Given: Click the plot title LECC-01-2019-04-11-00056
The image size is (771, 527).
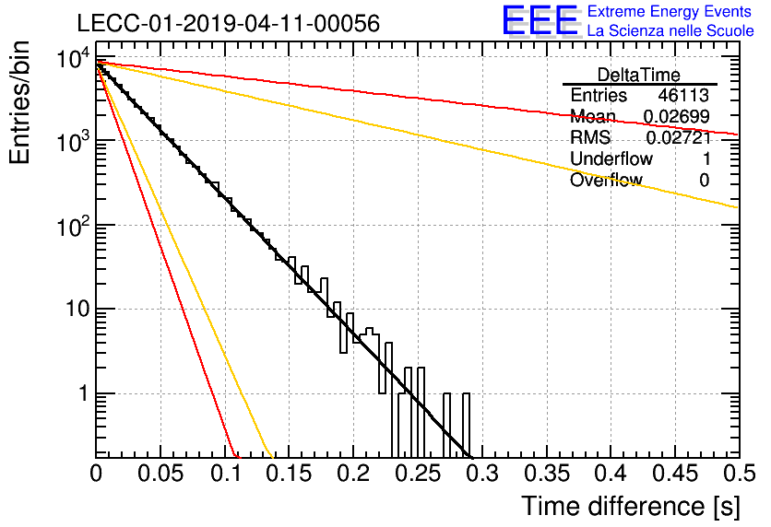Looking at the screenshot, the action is (x=229, y=23).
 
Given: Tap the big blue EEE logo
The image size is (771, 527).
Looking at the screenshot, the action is (x=540, y=20).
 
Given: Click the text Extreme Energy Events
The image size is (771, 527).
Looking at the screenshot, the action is (x=670, y=11).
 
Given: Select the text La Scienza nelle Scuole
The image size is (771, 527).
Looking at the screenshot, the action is (x=670, y=30).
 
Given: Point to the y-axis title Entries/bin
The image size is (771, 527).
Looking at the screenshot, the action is (x=19, y=103).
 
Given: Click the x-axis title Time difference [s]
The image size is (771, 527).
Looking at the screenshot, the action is (x=631, y=507).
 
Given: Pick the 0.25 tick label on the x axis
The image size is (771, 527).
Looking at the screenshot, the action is (x=418, y=474).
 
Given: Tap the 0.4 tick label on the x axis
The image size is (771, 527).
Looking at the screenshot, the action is (x=611, y=474).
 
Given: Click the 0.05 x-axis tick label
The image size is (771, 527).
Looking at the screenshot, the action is (x=160, y=474).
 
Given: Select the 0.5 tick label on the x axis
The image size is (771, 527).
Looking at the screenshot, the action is (x=740, y=474).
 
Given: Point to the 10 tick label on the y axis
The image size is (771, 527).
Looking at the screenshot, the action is (x=77, y=310).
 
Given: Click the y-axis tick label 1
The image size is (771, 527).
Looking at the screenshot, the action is (x=84, y=393).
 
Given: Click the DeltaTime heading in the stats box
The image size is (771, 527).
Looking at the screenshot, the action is (x=639, y=75).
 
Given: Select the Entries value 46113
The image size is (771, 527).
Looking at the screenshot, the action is (x=683, y=95).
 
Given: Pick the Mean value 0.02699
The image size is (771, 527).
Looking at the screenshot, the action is (x=677, y=116).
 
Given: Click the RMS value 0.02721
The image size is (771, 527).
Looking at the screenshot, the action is (x=679, y=137).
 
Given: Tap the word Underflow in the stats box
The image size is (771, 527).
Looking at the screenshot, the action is (x=611, y=158).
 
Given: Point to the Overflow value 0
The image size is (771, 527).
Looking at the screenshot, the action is (x=704, y=181).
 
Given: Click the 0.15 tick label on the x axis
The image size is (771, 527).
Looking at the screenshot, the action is (x=290, y=474).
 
